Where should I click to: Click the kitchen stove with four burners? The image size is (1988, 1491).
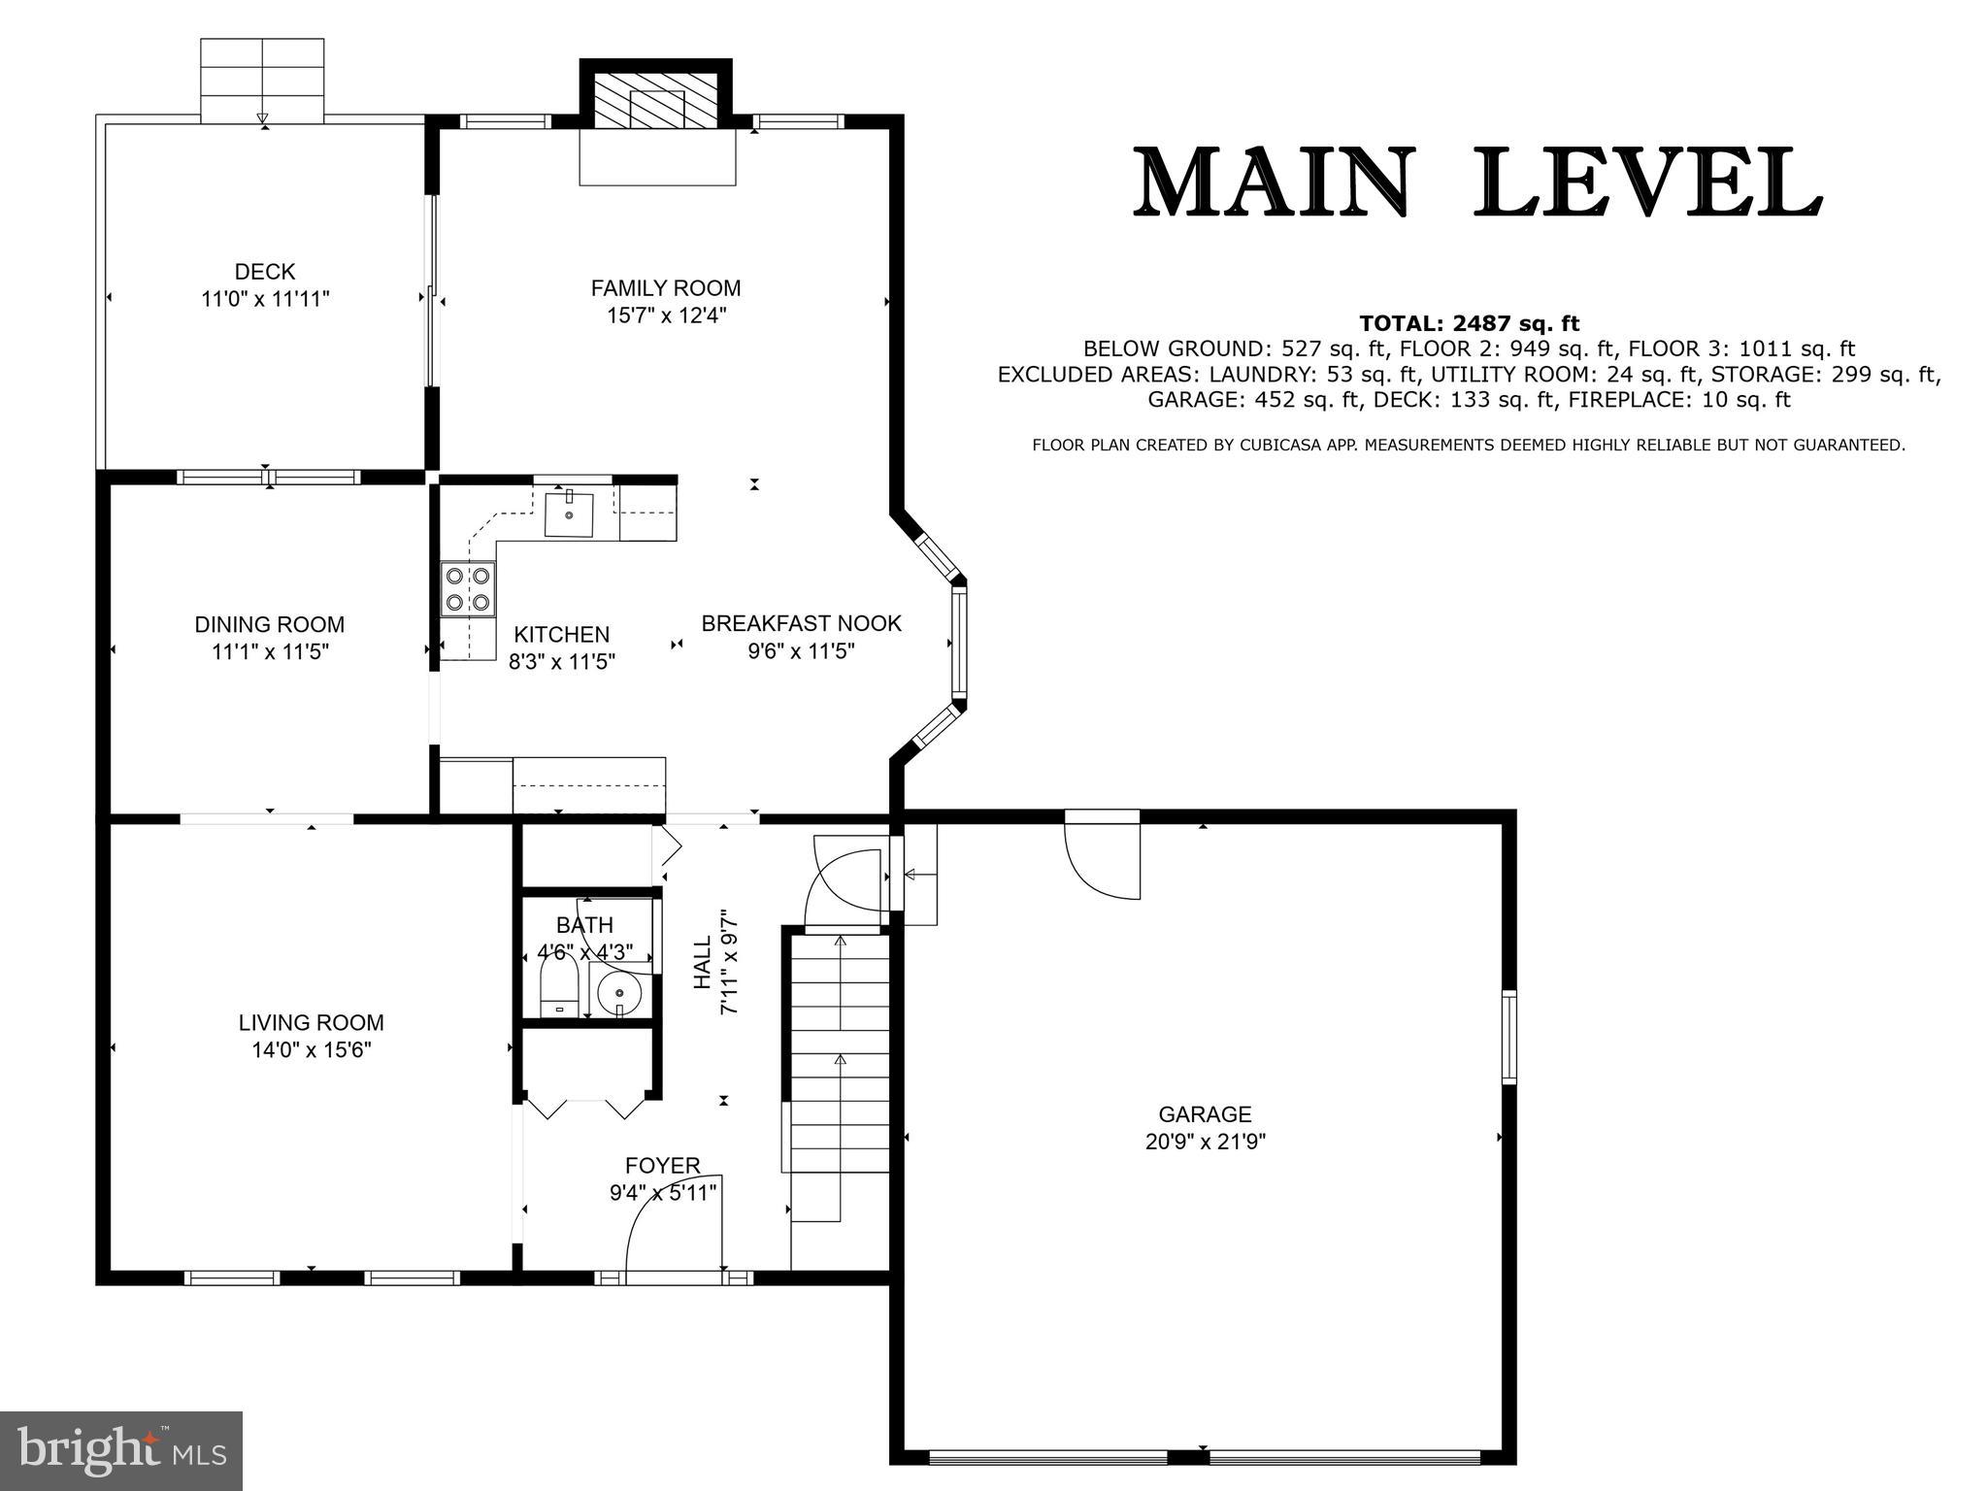[x=467, y=588]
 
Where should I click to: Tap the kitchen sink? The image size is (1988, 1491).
[x=569, y=514]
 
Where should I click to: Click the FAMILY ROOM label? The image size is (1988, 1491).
[x=666, y=288]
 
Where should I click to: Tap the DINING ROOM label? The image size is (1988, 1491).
[x=270, y=624]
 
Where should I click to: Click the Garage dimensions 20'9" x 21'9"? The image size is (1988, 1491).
[x=1205, y=1142]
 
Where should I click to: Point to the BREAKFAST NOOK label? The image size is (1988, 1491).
[x=802, y=623]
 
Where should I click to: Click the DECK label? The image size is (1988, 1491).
[x=264, y=272]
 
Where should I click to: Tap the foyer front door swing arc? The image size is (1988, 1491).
[x=670, y=1231]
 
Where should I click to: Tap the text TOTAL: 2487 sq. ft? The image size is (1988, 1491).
[x=1469, y=323]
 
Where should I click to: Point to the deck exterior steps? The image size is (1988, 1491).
[x=262, y=81]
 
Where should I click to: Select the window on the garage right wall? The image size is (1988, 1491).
[x=1508, y=1036]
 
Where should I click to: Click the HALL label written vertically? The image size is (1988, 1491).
[x=702, y=962]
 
